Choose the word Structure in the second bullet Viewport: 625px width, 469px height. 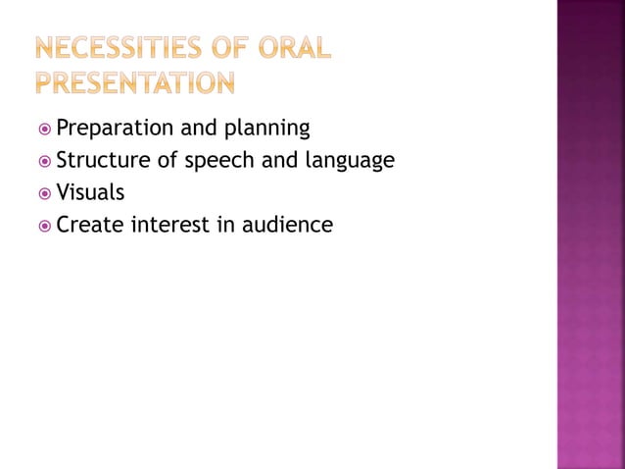click(101, 160)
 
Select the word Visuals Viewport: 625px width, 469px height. click(90, 192)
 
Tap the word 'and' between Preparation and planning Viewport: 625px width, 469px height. click(195, 128)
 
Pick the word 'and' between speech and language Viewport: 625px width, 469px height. click(279, 160)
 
